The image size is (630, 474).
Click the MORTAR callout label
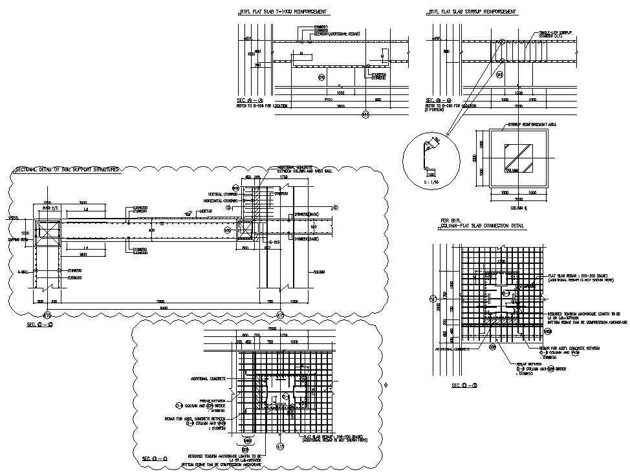pos(207,211)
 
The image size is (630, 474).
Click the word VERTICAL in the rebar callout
pos(215,194)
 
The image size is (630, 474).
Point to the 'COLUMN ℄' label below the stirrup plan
pos(516,208)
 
